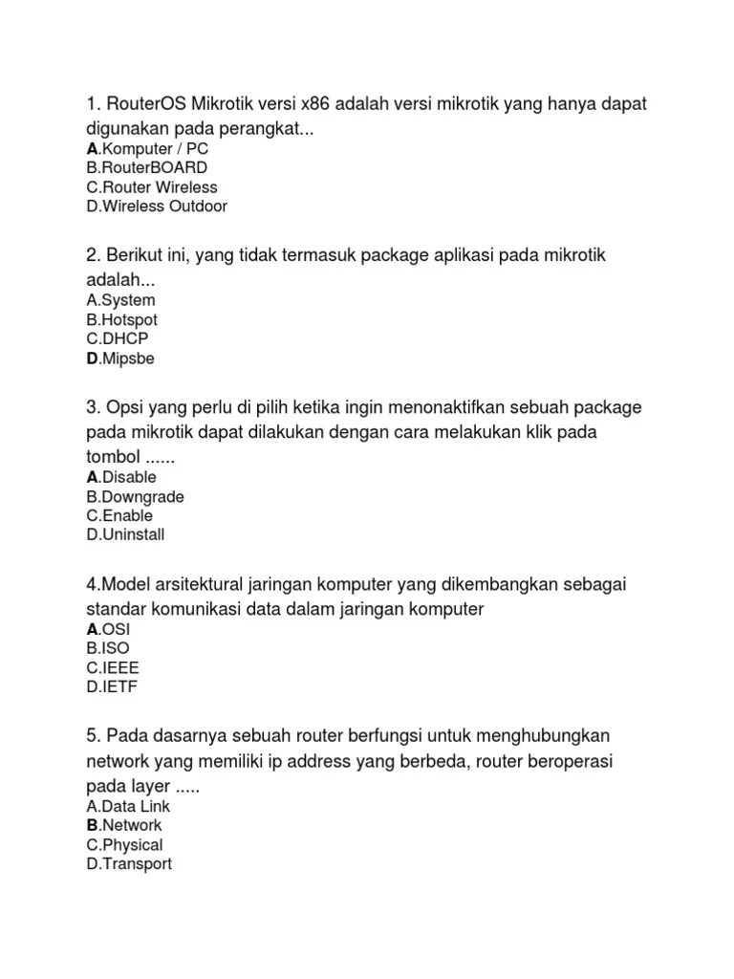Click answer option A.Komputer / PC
point(147,149)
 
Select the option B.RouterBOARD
point(146,168)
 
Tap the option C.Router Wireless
point(151,187)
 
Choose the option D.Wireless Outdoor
point(157,207)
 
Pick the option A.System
point(120,301)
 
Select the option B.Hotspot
point(121,320)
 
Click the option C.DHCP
point(118,339)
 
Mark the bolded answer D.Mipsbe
point(119,359)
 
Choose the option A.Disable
point(121,477)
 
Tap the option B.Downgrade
point(135,497)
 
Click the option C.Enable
point(119,515)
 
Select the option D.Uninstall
point(125,534)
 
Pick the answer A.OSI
point(108,629)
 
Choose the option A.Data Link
point(127,807)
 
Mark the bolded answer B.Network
point(123,825)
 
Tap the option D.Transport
point(129,863)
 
